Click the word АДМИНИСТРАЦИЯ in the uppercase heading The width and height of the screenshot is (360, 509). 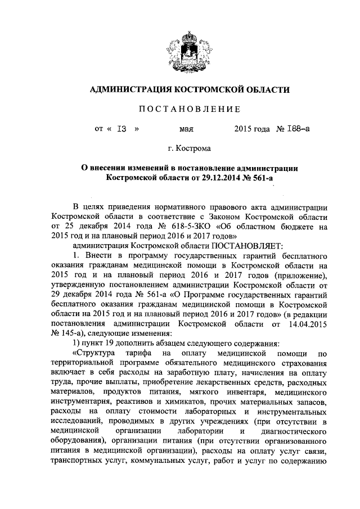click(129, 89)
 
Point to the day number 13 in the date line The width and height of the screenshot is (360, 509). click(121, 129)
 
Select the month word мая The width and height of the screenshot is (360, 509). click(186, 129)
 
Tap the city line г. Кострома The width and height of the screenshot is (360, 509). click(186, 149)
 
